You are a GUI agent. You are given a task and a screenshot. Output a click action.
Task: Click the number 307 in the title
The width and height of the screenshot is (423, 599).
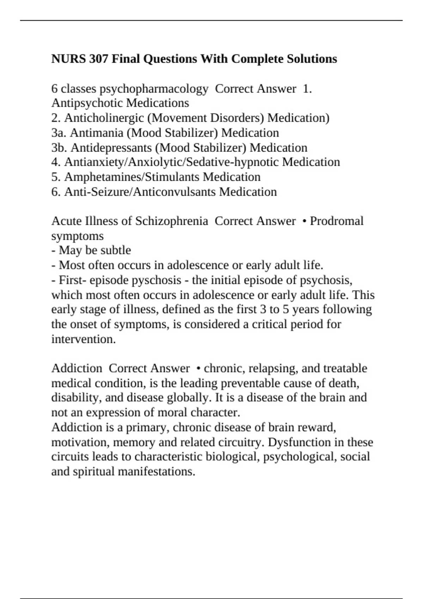pyautogui.click(x=98, y=58)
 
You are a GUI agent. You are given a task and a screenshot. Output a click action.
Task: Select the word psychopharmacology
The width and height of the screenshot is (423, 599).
pyautogui.click(x=154, y=89)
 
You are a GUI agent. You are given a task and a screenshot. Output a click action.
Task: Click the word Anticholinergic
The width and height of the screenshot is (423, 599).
pyautogui.click(x=104, y=118)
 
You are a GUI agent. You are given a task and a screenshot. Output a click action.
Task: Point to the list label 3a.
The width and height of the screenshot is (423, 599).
pyautogui.click(x=59, y=133)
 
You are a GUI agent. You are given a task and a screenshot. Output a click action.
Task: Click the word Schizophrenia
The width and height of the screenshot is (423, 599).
pyautogui.click(x=172, y=221)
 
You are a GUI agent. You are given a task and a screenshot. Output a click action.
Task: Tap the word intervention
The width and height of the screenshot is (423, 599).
pyautogui.click(x=83, y=339)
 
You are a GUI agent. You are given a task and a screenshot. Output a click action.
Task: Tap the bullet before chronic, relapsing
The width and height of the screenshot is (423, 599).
pyautogui.click(x=199, y=369)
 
